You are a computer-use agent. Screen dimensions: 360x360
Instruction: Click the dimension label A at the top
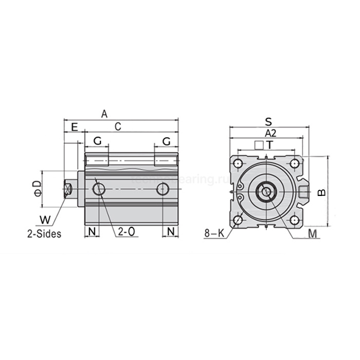tap(105, 114)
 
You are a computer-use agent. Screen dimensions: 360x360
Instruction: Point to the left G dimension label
tap(97, 141)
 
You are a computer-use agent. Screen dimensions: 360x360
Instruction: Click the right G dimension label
tap(166, 141)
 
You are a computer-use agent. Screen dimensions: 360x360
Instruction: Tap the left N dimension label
tap(92, 231)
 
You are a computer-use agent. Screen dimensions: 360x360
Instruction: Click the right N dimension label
tap(170, 231)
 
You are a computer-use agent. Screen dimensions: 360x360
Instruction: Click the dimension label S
tap(268, 121)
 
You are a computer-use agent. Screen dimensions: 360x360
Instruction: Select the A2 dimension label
tap(269, 133)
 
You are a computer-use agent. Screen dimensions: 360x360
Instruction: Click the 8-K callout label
tap(214, 233)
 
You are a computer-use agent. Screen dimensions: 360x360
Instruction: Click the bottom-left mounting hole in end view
tap(237, 221)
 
